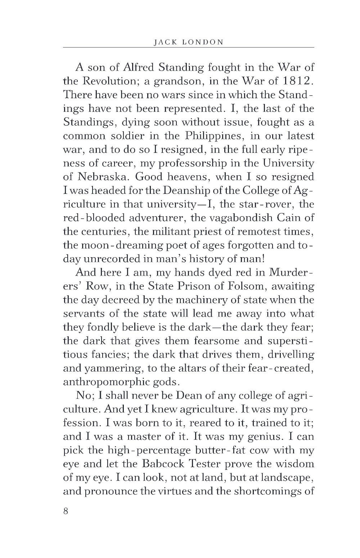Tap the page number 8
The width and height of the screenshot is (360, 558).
(66, 511)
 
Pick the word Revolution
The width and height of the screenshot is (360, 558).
(109, 81)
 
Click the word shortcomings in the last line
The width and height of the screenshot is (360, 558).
(265, 491)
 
